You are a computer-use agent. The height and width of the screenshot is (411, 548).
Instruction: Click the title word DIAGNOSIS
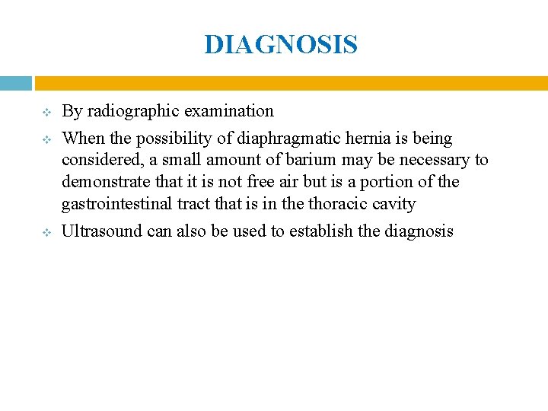[x=281, y=45]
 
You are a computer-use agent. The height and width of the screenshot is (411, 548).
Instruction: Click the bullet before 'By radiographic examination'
[x=45, y=113]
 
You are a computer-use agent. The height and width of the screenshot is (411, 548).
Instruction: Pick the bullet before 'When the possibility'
[x=45, y=140]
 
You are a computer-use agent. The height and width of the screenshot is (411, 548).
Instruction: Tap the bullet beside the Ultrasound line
[x=45, y=232]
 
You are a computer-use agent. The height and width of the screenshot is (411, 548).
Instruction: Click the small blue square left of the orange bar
[x=15, y=83]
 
